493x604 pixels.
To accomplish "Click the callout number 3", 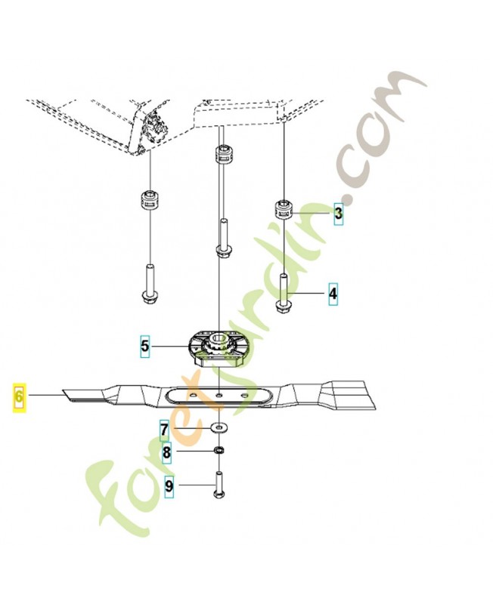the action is [x=338, y=214].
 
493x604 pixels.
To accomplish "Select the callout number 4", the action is [x=333, y=294].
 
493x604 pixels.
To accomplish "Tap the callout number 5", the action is [x=144, y=346].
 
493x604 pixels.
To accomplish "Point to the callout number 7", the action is [x=165, y=430].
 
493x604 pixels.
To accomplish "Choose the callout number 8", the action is [x=166, y=452].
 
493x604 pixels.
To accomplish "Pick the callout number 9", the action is [x=169, y=486].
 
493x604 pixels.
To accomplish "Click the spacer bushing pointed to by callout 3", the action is [x=284, y=211].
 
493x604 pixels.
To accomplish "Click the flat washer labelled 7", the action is [x=219, y=427].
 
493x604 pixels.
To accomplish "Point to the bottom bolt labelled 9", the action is [x=219, y=484].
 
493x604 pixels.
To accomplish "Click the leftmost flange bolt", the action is [x=149, y=283].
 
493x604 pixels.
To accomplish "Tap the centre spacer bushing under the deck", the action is [x=222, y=156].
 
